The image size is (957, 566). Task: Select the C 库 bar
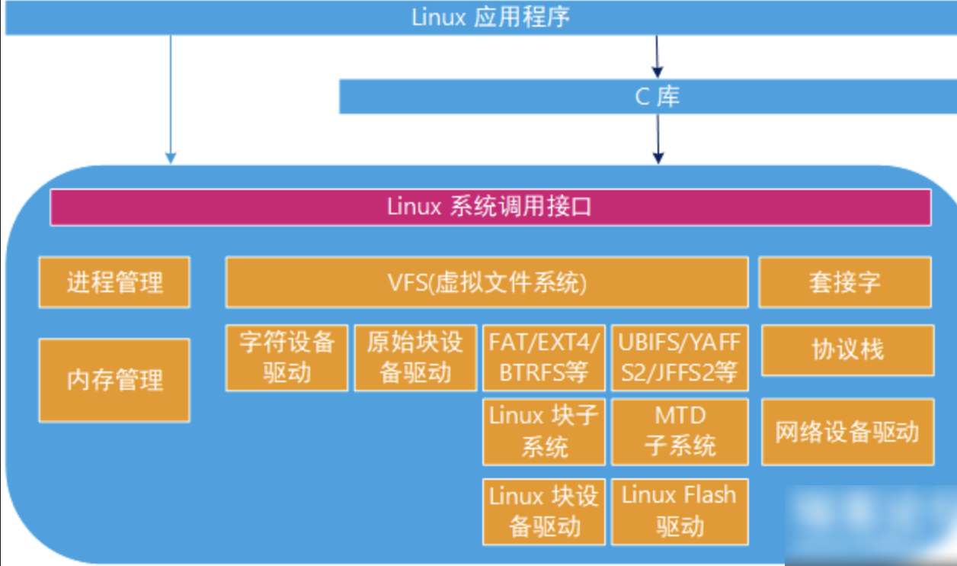648,97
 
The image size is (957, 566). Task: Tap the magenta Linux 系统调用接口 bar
490,207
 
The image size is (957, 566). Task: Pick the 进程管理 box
114,282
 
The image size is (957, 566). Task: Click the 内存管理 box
114,380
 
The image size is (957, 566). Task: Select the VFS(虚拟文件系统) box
486,282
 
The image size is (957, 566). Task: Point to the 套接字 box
844,282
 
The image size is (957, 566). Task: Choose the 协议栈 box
847,350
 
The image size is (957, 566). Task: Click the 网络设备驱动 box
847,432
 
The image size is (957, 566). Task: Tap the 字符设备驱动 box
286,358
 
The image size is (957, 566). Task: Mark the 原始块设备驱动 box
415,358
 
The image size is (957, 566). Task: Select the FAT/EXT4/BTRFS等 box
544,358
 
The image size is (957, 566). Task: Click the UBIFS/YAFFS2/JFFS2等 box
680,358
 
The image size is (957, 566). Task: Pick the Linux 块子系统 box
544,432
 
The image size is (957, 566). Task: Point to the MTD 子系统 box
680,432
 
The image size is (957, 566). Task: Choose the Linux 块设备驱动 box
544,512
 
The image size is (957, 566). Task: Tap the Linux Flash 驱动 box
680,512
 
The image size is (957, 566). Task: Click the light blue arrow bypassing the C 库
171,99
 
